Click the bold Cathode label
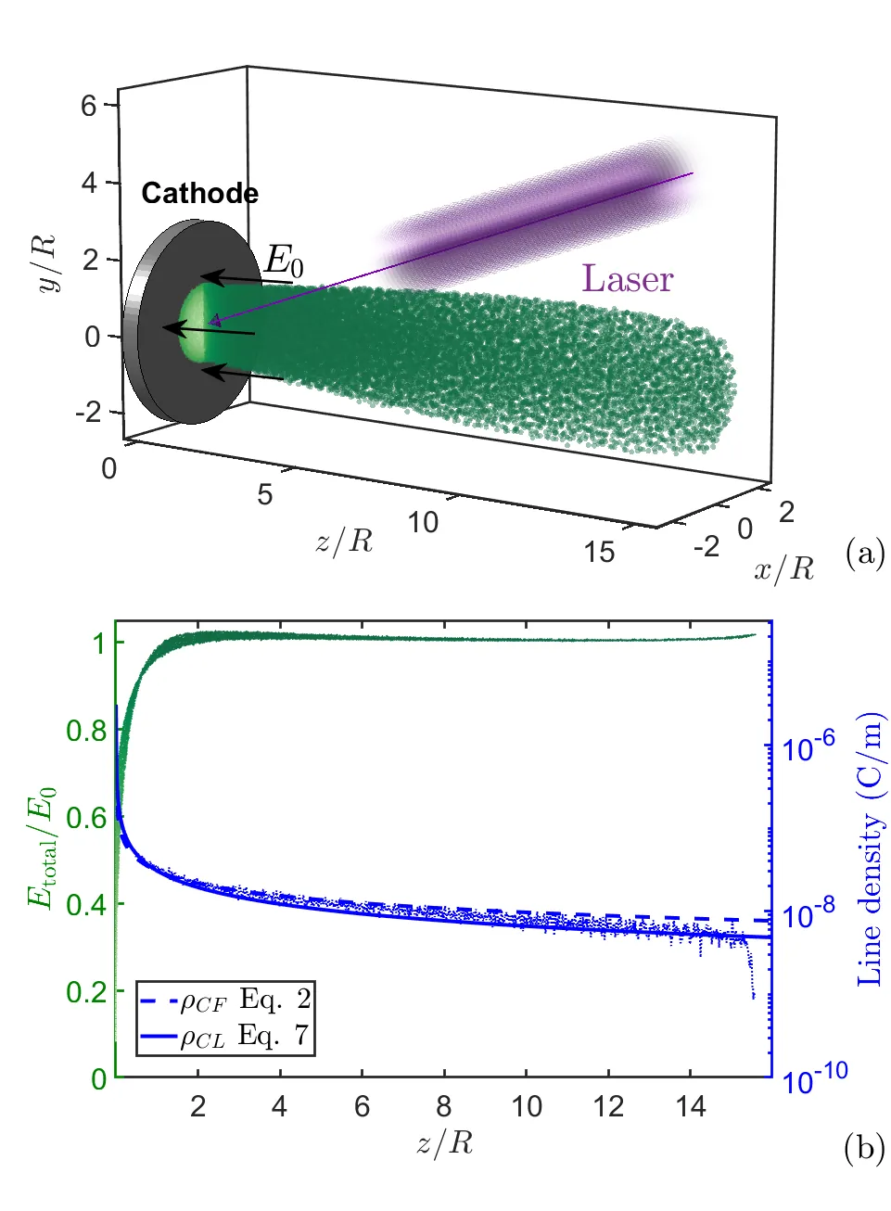199,193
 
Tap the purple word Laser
627,279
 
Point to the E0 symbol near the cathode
284,261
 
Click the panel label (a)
865,554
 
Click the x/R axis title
783,567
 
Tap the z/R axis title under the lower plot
444,1143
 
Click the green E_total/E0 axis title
42,847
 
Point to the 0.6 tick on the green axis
86,817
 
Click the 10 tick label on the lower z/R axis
527,1106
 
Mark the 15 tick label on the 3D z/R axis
599,553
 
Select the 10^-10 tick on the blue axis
815,1078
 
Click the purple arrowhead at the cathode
214,321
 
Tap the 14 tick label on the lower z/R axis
691,1106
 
